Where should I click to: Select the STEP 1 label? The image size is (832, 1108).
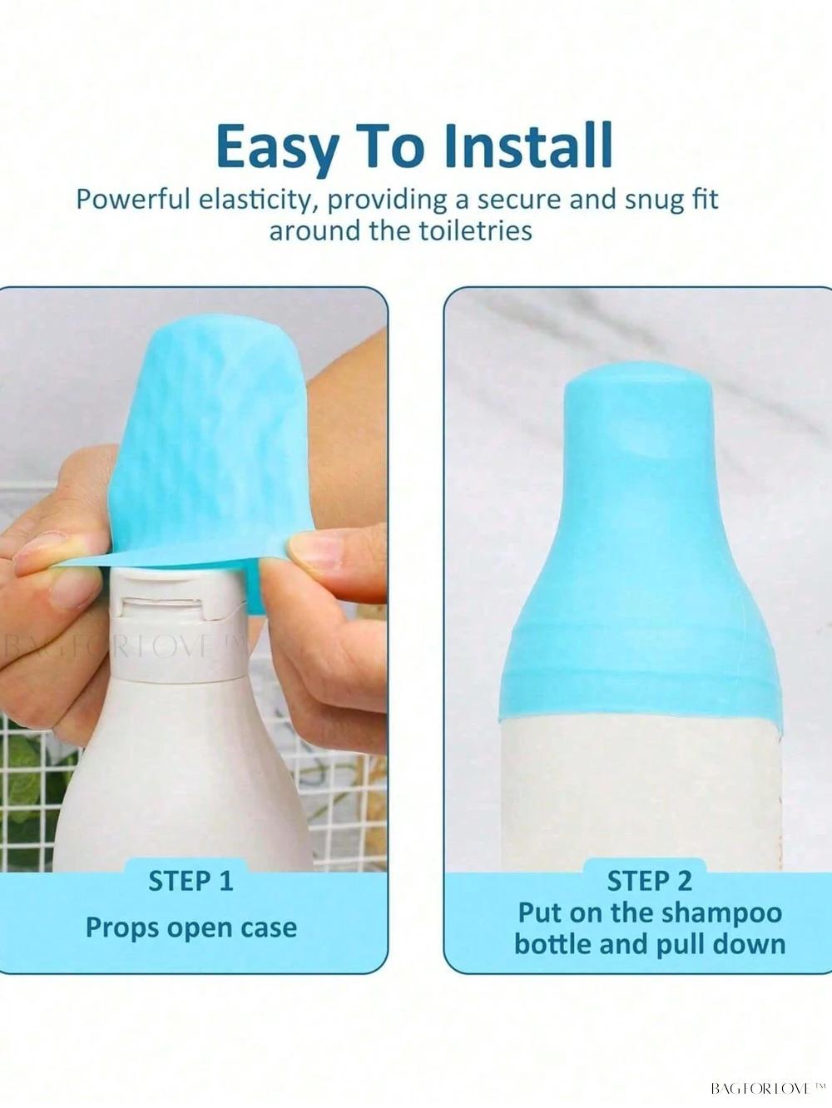(x=191, y=881)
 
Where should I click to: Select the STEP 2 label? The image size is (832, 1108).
(x=649, y=882)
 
